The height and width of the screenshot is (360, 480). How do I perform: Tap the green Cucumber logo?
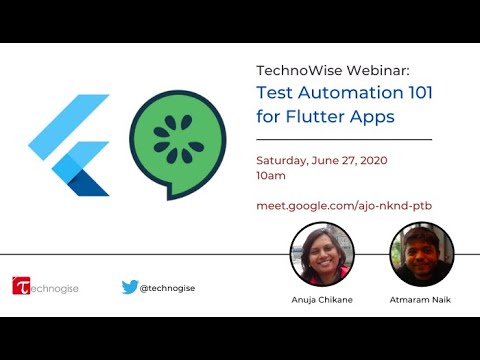178,145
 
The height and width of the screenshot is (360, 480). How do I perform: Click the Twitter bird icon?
130,287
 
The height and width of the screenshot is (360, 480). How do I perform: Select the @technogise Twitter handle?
167,288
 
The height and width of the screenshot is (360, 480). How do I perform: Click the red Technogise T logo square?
21,286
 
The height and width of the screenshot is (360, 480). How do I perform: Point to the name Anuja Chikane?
322,300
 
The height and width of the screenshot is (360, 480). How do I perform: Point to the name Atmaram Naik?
420,300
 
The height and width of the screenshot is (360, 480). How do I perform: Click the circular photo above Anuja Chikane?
322,254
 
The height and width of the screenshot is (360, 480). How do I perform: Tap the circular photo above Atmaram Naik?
422,254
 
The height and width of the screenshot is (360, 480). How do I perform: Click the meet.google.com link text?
344,206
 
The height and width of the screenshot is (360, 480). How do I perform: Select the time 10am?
271,176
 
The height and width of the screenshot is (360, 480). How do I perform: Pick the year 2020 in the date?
374,160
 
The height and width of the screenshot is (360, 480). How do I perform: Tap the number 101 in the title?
421,92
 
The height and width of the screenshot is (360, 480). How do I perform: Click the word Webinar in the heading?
378,70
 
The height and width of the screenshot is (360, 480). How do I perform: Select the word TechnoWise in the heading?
299,70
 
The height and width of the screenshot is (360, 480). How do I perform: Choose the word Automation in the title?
351,92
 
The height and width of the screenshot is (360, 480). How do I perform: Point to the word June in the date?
325,160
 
